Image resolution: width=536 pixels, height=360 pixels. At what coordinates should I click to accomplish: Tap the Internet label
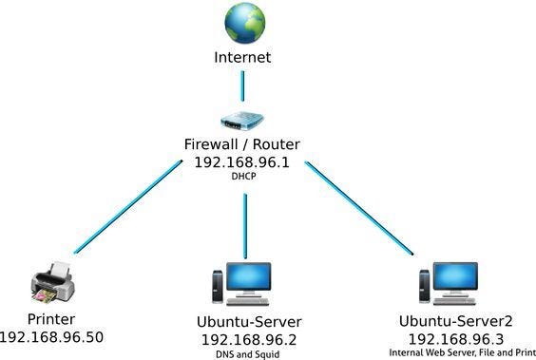(241, 58)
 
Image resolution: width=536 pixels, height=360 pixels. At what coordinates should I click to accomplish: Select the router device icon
(243, 122)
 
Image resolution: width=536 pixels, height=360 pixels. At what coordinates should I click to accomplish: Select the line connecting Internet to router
(242, 85)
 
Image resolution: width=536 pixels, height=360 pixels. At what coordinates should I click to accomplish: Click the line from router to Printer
(128, 205)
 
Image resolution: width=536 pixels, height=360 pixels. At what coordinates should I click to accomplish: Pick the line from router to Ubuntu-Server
(244, 224)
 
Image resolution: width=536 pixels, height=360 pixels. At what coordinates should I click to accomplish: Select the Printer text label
(51, 319)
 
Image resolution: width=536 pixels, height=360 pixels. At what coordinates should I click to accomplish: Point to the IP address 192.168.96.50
(51, 336)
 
